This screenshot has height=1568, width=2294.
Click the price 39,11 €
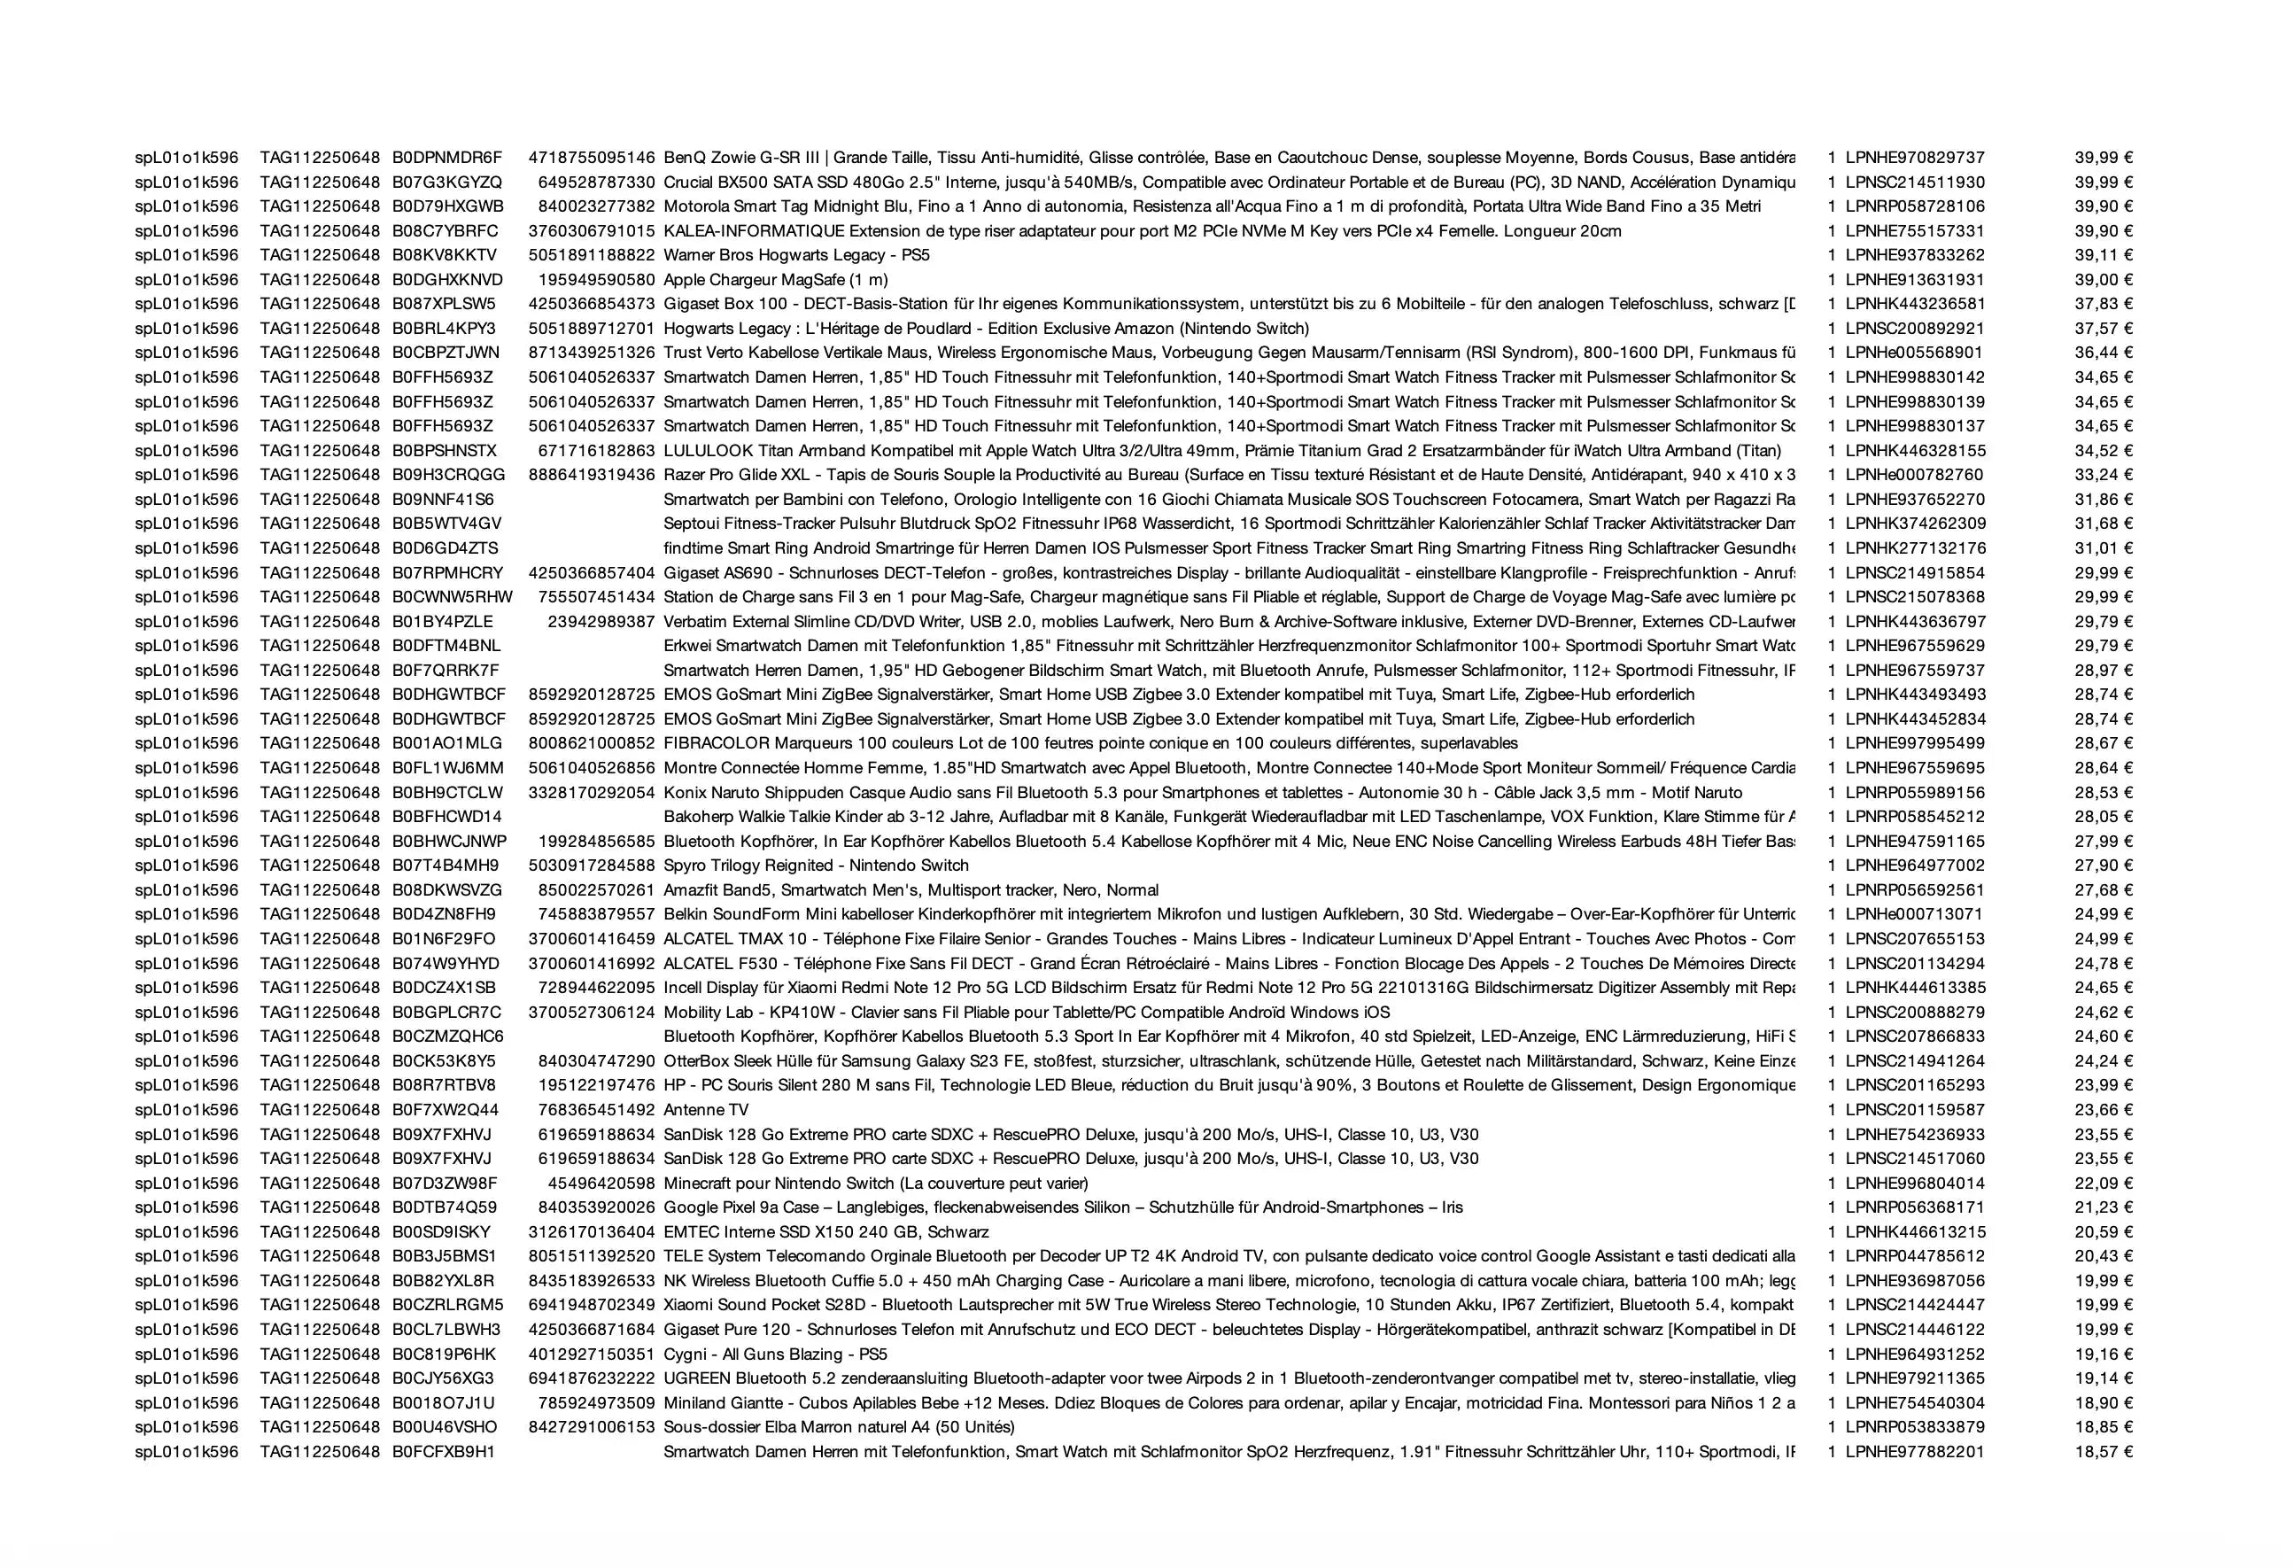tap(2103, 255)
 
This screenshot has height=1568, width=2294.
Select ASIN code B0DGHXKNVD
tap(447, 279)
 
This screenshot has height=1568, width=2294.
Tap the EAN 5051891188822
tap(592, 255)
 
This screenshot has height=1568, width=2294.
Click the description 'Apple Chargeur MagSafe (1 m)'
tap(775, 279)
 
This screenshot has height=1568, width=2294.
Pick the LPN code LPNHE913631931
tap(1914, 279)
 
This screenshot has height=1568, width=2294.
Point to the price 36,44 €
tap(2103, 353)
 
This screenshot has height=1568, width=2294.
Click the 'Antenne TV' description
tap(706, 1110)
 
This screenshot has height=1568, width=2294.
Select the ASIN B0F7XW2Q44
tap(446, 1110)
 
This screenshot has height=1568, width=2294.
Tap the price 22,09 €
tap(2103, 1183)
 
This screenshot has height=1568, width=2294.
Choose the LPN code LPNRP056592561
tap(1914, 889)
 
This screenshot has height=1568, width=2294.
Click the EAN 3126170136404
tap(592, 1231)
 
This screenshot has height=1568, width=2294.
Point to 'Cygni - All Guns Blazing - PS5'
tap(775, 1354)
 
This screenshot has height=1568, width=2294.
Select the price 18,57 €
tap(2103, 1451)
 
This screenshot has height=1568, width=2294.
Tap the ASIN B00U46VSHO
tap(445, 1427)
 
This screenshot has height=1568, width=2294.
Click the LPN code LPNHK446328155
tap(1915, 450)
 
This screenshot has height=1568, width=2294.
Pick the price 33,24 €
tap(2103, 475)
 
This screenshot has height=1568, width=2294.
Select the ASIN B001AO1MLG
tap(446, 742)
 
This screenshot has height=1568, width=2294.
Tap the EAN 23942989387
tap(601, 621)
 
